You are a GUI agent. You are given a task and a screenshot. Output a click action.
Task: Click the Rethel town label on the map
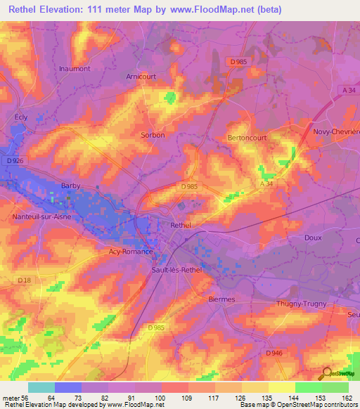(x=181, y=226)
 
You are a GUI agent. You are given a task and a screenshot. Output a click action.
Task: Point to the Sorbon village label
(x=153, y=135)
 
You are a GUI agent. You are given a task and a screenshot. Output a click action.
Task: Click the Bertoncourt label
(x=247, y=138)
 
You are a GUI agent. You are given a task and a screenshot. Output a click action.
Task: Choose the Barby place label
(x=71, y=186)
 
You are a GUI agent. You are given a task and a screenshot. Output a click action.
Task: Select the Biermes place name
(x=222, y=299)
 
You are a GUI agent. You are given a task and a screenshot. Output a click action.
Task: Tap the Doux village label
(x=313, y=238)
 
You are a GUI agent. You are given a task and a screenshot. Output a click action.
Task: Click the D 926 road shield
(x=15, y=162)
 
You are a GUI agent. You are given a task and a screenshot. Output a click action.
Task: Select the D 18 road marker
(x=25, y=280)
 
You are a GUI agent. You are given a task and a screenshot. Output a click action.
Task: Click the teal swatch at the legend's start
(x=41, y=387)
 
